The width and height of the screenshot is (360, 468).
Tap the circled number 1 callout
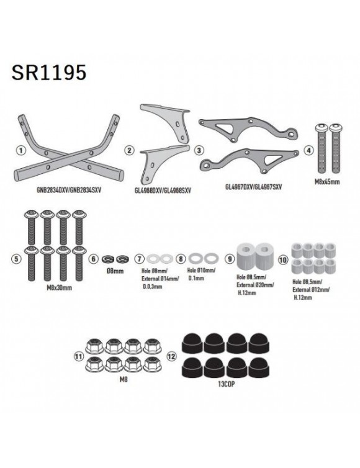point(21,150)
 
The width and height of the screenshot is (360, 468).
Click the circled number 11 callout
point(78,357)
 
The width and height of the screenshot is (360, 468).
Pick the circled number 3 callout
point(199,150)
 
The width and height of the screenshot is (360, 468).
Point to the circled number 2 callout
point(129,150)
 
